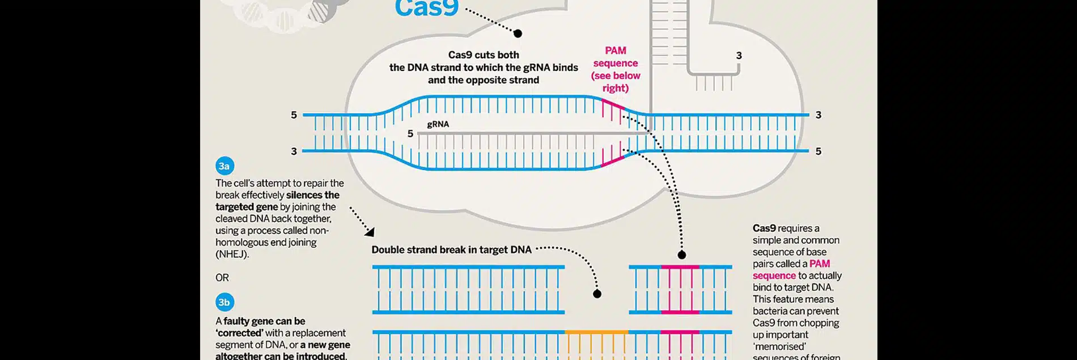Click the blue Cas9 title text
point(426,8)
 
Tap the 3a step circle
point(224,166)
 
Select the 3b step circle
point(224,302)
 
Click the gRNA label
point(438,124)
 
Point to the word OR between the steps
point(222,278)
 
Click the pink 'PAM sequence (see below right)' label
point(616,69)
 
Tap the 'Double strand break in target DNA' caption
point(451,249)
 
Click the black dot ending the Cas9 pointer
point(518,33)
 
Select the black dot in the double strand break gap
point(597,294)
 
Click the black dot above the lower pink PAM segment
point(682,255)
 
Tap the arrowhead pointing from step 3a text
point(370,231)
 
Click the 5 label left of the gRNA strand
point(410,134)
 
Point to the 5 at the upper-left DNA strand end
point(294,115)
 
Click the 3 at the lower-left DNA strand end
point(294,151)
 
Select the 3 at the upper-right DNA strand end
point(818,115)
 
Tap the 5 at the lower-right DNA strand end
point(818,151)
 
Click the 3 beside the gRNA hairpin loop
point(739,56)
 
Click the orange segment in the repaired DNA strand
point(596,332)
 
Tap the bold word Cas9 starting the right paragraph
point(764,228)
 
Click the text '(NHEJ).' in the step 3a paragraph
point(232,254)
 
